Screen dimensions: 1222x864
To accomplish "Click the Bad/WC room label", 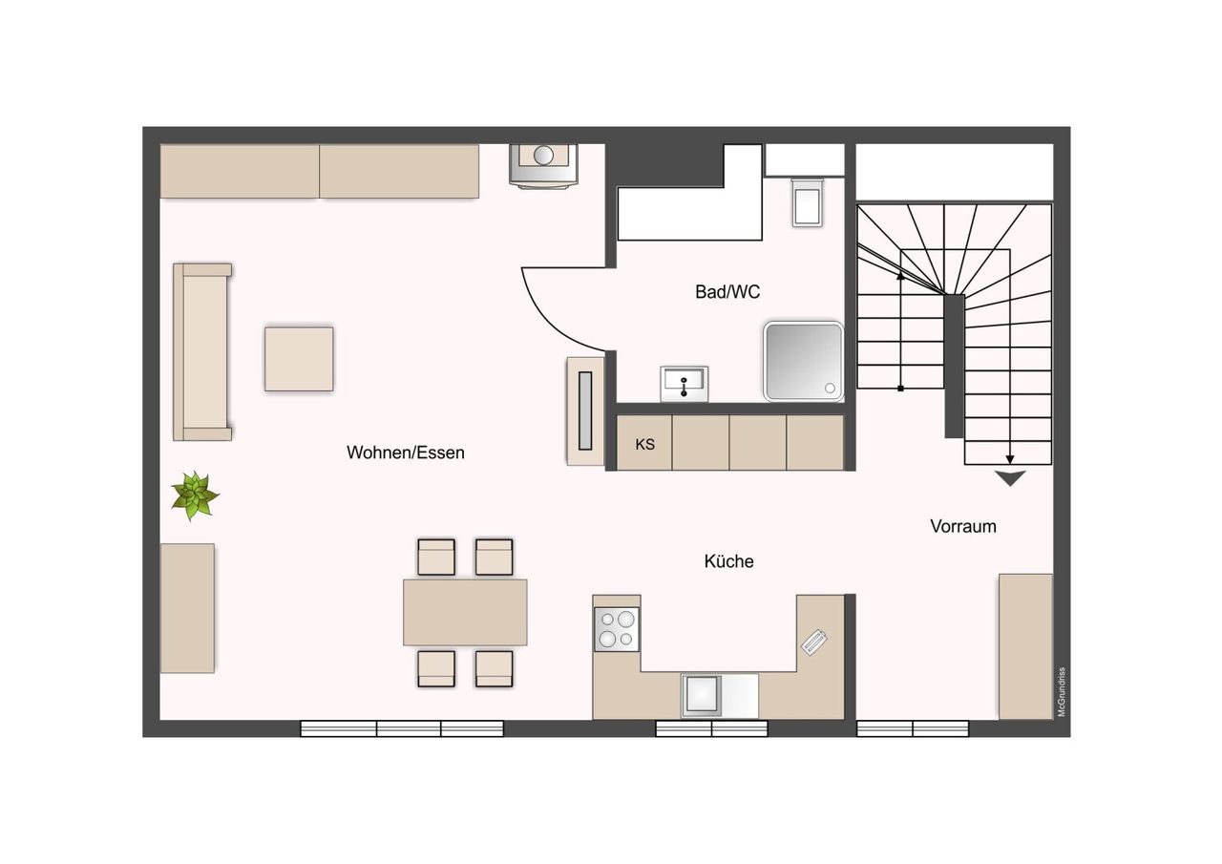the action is point(727,292).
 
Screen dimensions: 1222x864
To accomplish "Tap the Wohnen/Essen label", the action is point(406,453).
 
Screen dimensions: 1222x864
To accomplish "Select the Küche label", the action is point(728,561).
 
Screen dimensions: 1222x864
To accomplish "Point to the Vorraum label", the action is point(963,526).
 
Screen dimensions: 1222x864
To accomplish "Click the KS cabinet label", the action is point(644,445).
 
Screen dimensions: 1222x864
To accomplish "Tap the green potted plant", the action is point(194,495).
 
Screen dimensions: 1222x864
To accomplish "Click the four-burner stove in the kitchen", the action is point(617,629).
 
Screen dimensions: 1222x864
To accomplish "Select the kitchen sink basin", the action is point(702,695).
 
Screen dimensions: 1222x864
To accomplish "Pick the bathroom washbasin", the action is point(685,384).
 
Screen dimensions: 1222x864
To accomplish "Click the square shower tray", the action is point(804,362).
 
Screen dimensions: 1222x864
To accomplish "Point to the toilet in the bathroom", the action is point(808,201).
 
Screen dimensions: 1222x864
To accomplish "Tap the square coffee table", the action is point(299,359).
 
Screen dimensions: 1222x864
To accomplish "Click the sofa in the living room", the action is point(202,352).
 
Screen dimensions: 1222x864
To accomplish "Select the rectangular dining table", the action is point(465,612).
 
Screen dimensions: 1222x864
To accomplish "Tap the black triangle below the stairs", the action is point(1010,477).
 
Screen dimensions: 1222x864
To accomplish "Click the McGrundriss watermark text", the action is point(1061,692).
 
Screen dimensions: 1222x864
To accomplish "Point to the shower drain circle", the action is point(830,389).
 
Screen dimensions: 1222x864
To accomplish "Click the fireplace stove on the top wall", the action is point(543,166).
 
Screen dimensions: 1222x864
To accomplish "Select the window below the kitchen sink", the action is point(711,728).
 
